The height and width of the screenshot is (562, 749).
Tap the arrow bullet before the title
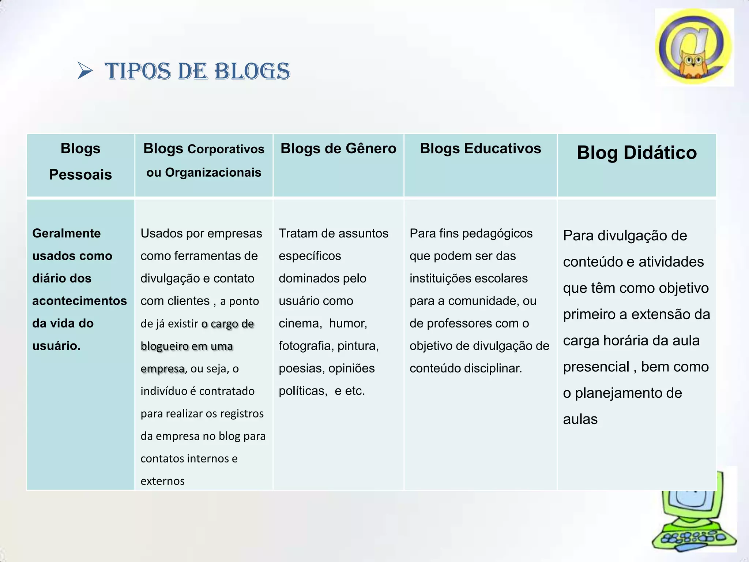pyautogui.click(x=85, y=71)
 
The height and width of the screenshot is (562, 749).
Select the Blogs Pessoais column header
pyautogui.click(x=80, y=161)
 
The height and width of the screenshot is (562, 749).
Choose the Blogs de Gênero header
pyautogui.click(x=338, y=149)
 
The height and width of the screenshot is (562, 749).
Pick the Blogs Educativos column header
pyautogui.click(x=480, y=149)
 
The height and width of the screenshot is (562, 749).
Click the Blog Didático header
pyautogui.click(x=637, y=153)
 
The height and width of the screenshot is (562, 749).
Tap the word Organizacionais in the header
pyautogui.click(x=213, y=172)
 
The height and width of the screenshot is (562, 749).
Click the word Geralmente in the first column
pyautogui.click(x=66, y=233)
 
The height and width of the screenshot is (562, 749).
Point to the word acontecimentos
pyautogui.click(x=79, y=301)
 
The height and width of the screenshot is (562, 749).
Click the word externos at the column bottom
pyautogui.click(x=162, y=481)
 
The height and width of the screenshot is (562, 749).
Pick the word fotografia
pyautogui.click(x=306, y=346)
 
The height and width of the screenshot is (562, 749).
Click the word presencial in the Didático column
pyautogui.click(x=596, y=367)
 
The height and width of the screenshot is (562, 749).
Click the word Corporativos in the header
pyautogui.click(x=226, y=149)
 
